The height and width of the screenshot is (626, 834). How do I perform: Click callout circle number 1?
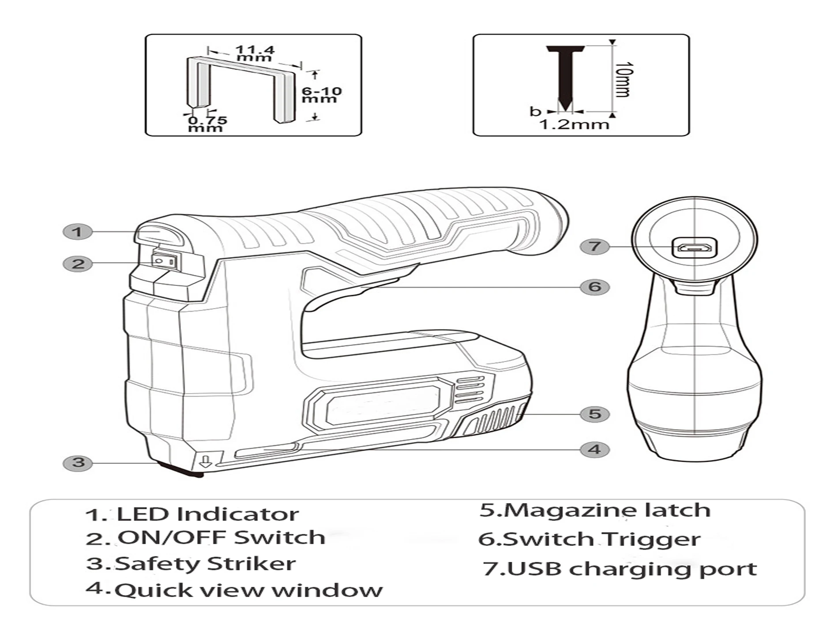point(78,231)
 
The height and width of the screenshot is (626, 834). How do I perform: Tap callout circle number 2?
point(78,264)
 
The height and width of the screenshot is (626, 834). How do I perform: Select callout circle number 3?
point(78,463)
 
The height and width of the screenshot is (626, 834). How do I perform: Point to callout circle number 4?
point(594,450)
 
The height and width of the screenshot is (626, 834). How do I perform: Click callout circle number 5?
point(594,414)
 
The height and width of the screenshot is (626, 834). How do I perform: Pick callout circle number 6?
point(594,287)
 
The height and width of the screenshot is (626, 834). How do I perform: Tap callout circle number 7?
point(594,246)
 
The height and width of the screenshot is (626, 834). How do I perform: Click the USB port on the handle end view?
point(694,248)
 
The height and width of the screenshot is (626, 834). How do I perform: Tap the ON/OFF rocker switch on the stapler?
point(165,261)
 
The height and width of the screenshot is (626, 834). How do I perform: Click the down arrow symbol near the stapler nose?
point(206,462)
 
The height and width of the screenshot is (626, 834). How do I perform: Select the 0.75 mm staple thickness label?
point(207,124)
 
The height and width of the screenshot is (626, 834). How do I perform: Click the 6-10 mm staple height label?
point(321,95)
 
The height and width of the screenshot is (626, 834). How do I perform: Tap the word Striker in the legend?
point(251,564)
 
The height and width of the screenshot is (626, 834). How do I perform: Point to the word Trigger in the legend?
point(650,539)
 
